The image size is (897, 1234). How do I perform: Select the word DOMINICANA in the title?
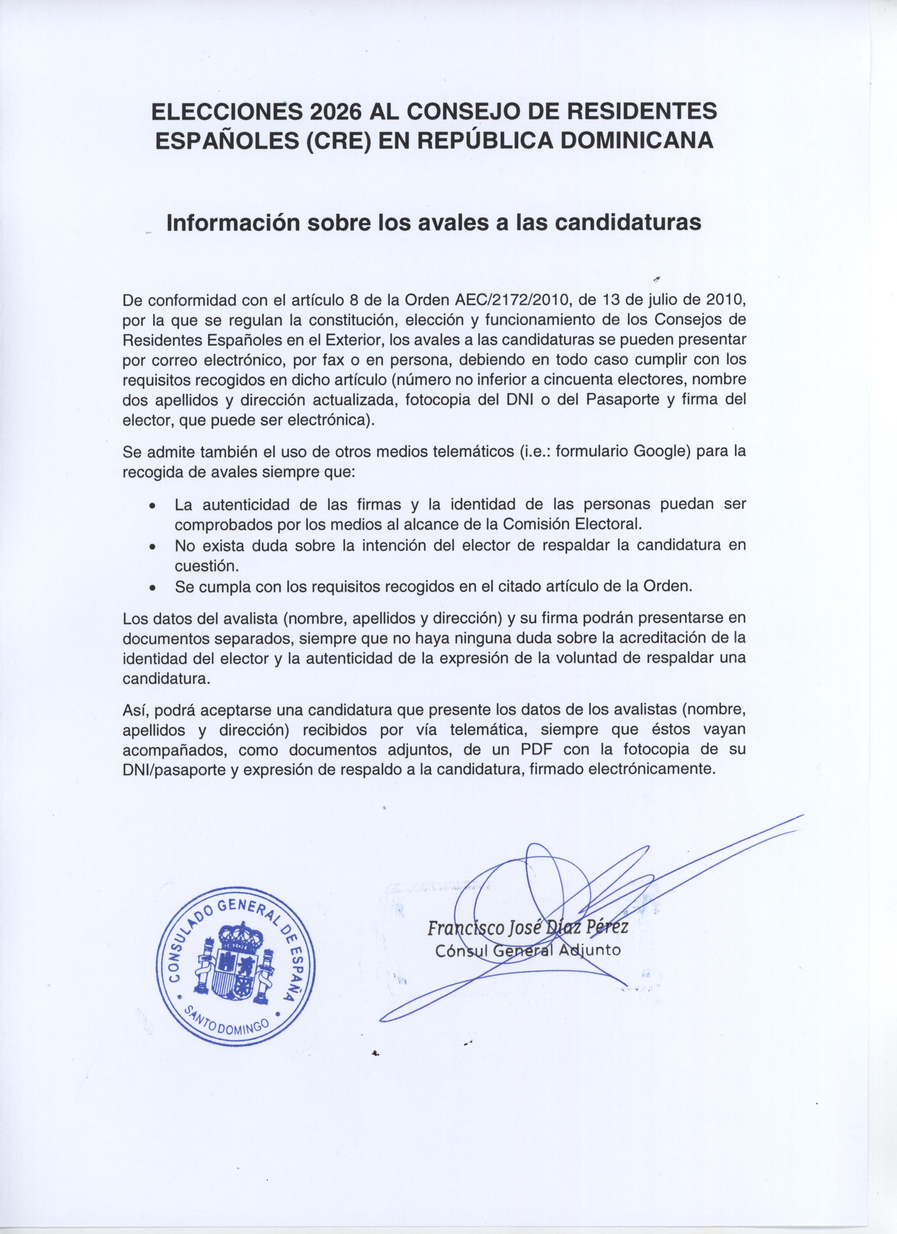click(x=636, y=140)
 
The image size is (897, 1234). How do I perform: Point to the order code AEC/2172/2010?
click(x=515, y=300)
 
